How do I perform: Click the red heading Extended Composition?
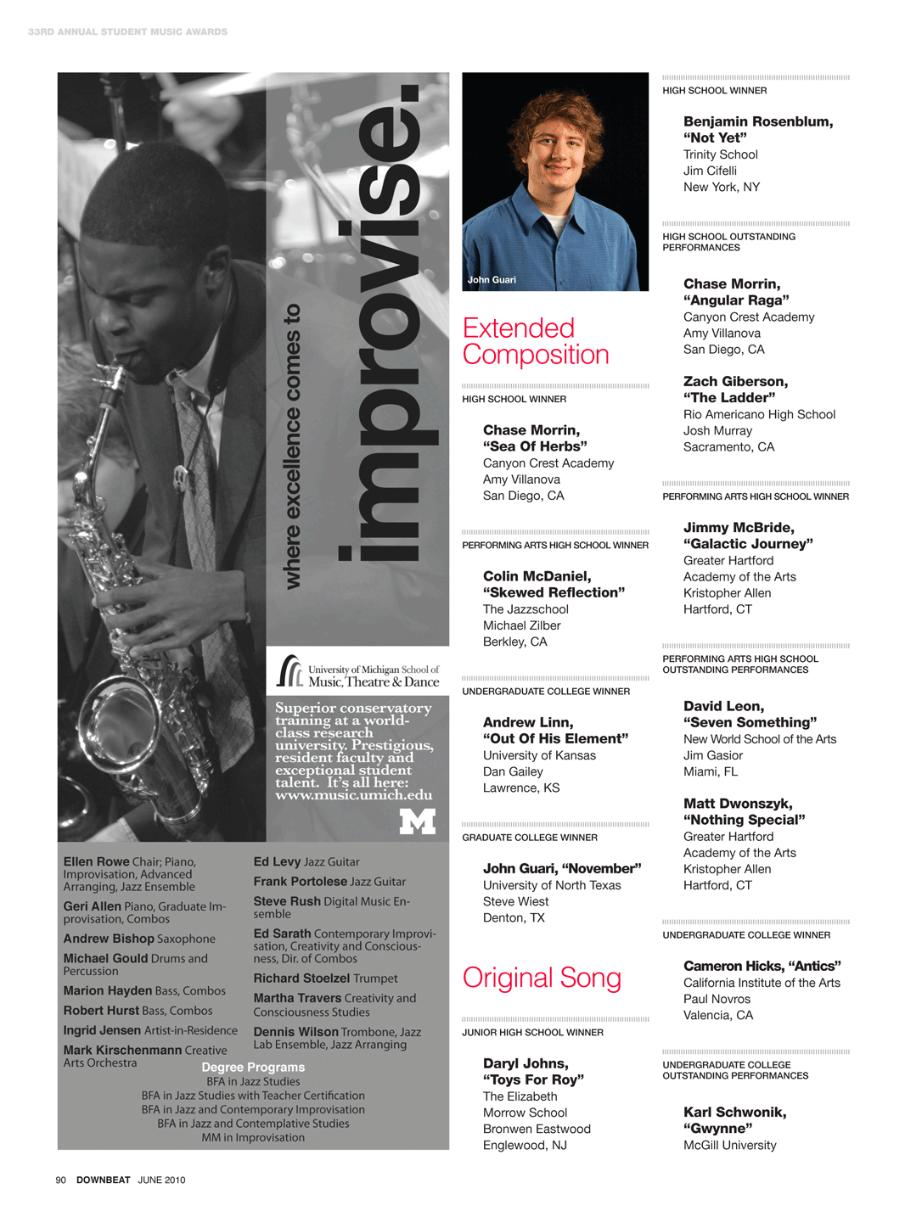(536, 341)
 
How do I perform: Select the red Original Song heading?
(542, 978)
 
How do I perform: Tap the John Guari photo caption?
(492, 280)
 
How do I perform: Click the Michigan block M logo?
(417, 821)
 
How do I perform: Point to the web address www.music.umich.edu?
(353, 796)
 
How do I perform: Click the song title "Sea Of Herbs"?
(535, 446)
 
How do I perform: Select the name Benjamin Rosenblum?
(756, 121)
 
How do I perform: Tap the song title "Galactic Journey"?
(748, 544)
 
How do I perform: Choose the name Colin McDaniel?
(536, 576)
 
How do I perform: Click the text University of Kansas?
(539, 755)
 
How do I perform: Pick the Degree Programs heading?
(253, 1067)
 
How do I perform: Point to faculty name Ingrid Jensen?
(102, 1030)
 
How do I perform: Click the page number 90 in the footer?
(60, 1180)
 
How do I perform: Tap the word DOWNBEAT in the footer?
(104, 1180)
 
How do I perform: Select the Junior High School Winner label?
(532, 1033)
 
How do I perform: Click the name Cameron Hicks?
(733, 966)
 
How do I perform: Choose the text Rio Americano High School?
(759, 414)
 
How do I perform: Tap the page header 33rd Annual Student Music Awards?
(127, 31)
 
